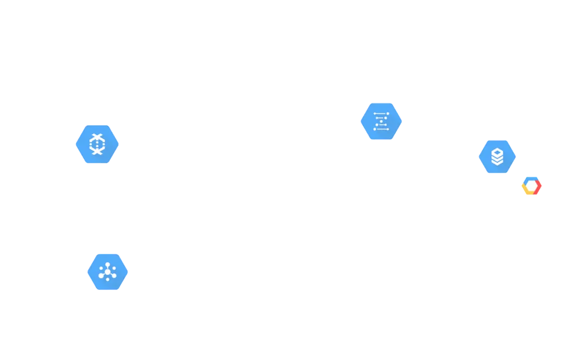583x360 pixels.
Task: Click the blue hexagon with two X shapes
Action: click(x=97, y=144)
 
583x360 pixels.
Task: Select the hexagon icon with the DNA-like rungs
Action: click(x=381, y=121)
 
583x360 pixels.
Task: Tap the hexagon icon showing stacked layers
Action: click(x=498, y=156)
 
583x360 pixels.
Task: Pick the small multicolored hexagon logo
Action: click(x=531, y=186)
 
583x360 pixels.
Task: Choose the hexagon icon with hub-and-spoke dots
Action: click(x=108, y=272)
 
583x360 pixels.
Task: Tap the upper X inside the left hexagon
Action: click(x=97, y=137)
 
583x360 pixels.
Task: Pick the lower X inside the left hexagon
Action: click(x=97, y=151)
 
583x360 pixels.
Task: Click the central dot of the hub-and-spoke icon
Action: click(x=108, y=272)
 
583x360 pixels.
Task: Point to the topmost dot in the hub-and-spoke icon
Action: click(x=108, y=264)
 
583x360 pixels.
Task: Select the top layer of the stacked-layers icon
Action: click(x=498, y=151)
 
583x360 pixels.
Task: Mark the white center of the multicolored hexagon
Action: click(x=531, y=186)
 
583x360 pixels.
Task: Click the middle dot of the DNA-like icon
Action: click(x=381, y=121)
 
